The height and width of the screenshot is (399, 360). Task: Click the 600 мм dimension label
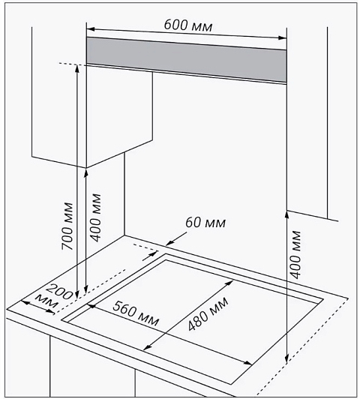pos(188,25)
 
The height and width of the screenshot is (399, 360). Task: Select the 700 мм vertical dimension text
pos(67,226)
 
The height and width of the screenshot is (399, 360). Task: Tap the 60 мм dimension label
pos(205,223)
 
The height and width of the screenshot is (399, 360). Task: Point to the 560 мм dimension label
pos(136,313)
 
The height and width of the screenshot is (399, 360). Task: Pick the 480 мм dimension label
pos(208,314)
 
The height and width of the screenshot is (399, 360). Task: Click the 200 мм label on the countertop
pos(54,296)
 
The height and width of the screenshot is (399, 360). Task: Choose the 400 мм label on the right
pos(295,255)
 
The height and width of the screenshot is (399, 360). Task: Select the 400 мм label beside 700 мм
pos(96,217)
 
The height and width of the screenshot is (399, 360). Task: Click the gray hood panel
pos(187,60)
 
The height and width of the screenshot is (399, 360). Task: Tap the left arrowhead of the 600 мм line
pos(90,29)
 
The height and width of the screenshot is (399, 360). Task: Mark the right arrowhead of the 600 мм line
pos(283,38)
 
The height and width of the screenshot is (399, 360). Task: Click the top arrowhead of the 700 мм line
pos(76,69)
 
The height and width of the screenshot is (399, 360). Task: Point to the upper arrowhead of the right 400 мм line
pos(286,214)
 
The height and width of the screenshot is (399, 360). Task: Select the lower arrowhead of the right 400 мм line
pos(286,359)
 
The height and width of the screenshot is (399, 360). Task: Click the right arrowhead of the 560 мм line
pos(248,363)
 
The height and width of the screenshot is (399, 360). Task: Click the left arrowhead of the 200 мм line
pos(25,302)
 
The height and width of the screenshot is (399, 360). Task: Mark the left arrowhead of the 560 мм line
pos(91,306)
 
